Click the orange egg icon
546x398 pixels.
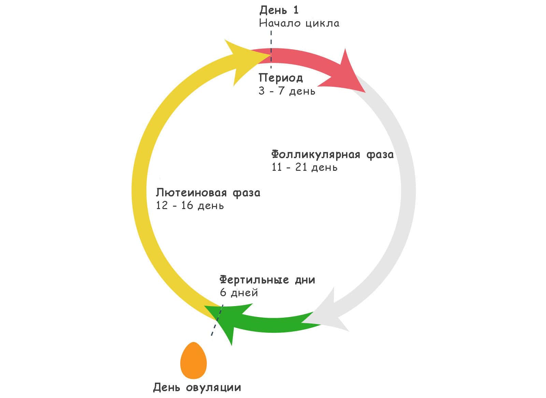193,360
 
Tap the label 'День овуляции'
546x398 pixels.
197,387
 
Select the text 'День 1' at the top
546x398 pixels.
279,10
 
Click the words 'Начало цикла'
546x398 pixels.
299,23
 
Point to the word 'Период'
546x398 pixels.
281,78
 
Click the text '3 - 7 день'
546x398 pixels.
287,91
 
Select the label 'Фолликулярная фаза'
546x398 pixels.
332,154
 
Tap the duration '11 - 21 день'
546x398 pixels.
305,167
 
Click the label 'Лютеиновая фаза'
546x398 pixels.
208,193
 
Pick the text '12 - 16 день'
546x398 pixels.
190,206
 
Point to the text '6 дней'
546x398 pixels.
239,293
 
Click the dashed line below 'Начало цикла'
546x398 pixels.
271,49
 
